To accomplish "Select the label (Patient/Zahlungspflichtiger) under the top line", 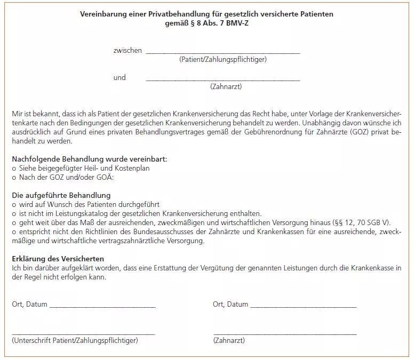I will pos(223,59).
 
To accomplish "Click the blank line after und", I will pos(222,81).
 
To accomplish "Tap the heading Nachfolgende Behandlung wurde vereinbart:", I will pos(89,158).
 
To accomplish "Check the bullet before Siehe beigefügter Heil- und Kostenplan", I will pos(13,168).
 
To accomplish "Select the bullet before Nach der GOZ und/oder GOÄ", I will pos(13,177).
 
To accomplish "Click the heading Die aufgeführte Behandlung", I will pos(61,195).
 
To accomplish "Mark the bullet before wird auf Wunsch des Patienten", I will pos(13,204).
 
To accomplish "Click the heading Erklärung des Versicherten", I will pos(61,259).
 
